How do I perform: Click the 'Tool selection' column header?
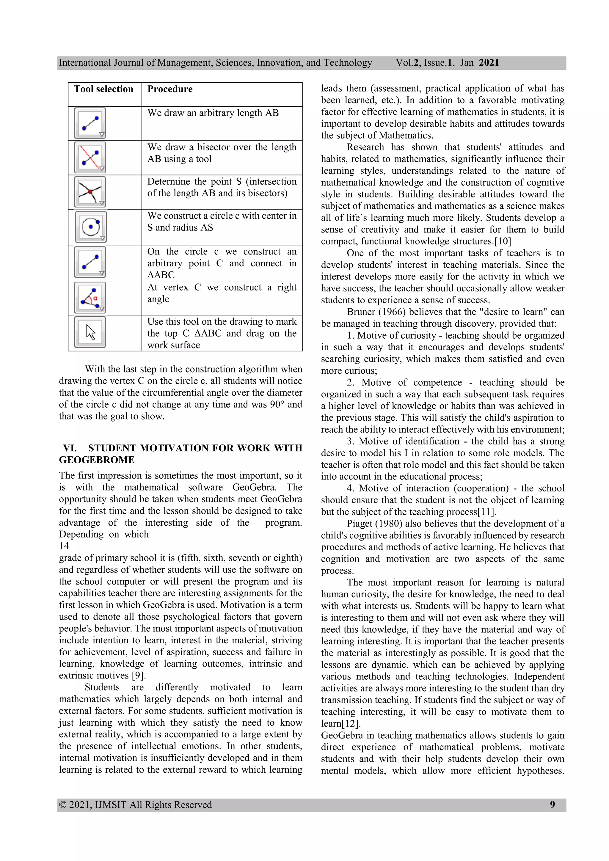pos(103,89)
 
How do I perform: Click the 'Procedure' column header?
pos(170,89)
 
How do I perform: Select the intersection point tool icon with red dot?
pos(90,192)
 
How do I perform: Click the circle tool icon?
pos(91,227)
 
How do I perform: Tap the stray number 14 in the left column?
pos(64,546)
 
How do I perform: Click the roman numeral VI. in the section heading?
pos(70,448)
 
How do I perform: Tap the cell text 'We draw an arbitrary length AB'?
pos(213,113)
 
